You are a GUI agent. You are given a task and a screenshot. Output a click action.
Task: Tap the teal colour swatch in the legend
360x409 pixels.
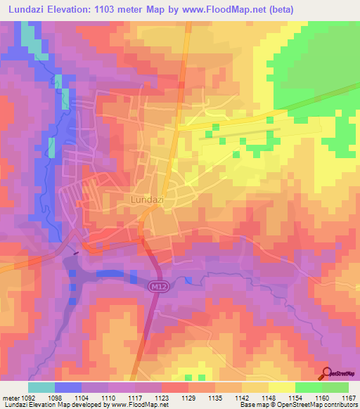[x=41, y=387]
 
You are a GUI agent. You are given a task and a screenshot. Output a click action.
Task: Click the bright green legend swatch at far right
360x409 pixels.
[x=335, y=387]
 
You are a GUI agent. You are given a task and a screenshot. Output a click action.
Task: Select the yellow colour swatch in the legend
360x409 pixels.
[x=281, y=387]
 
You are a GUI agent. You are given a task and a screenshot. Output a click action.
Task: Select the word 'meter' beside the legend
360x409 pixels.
[x=11, y=397]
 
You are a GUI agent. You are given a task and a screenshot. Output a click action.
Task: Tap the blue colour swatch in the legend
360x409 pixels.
[x=68, y=387]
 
